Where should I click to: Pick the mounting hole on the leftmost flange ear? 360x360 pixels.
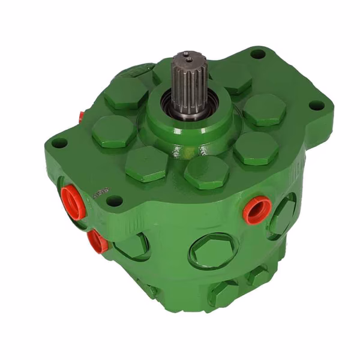[59, 143]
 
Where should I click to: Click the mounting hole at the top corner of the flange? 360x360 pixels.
[258, 54]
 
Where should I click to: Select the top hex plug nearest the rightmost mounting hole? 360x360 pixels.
[264, 109]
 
